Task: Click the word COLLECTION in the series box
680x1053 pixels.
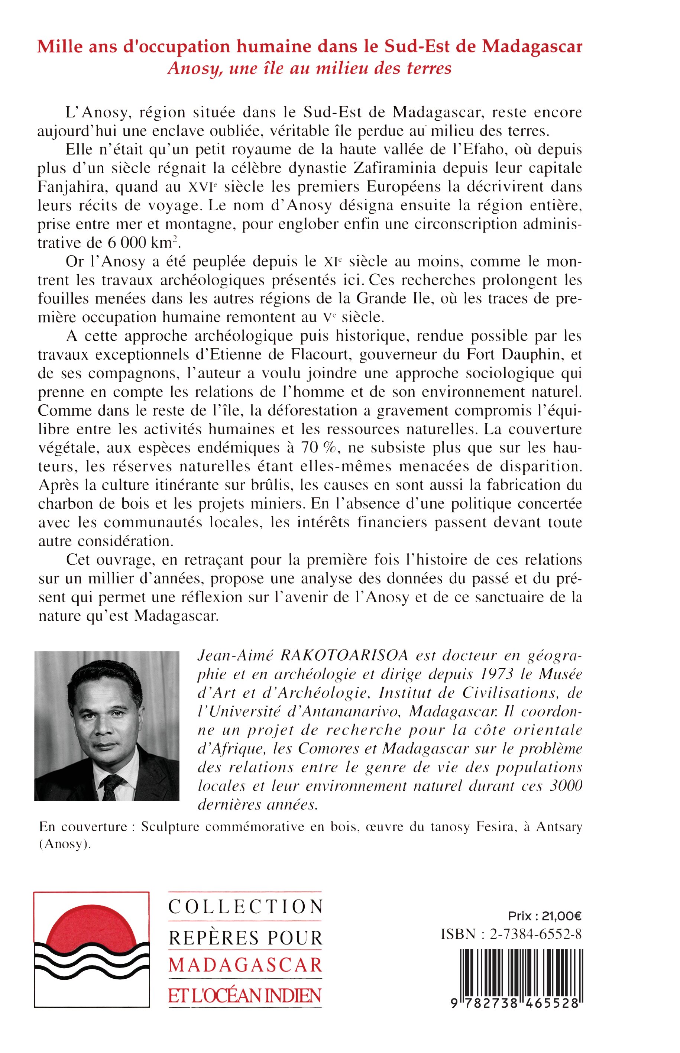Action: pos(245,907)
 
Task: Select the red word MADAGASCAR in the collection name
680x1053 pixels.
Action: pos(245,966)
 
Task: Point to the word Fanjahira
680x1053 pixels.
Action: pos(72,187)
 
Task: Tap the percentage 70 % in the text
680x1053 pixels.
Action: pos(319,448)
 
